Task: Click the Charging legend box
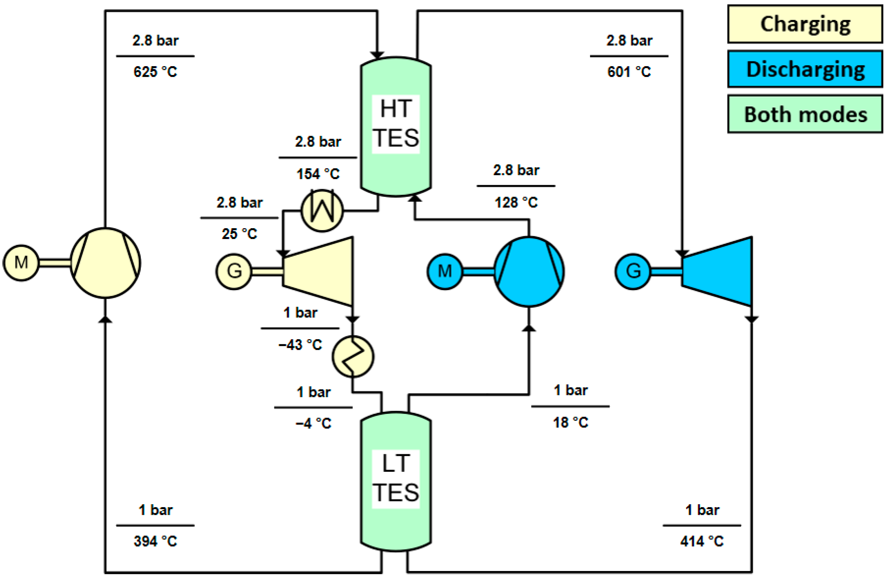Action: pos(805,24)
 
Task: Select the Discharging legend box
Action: pos(805,69)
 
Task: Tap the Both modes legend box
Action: pos(805,114)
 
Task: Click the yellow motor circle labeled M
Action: pos(21,263)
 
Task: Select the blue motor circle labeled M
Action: pos(445,271)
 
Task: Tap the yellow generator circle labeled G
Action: pos(234,271)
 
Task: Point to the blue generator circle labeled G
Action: pos(633,271)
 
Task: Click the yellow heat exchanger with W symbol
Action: pos(322,210)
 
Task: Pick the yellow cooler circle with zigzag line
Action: pos(353,356)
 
